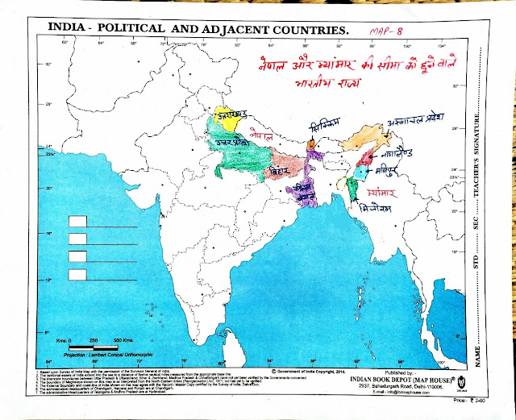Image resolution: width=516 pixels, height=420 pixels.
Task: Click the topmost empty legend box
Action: (x=78, y=222)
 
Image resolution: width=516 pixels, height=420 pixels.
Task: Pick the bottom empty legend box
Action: (x=78, y=275)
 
